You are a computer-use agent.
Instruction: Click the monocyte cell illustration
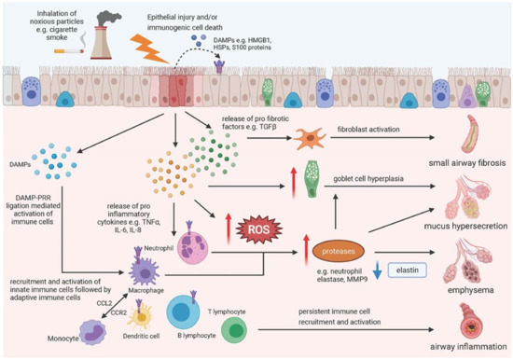tap(73, 327)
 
